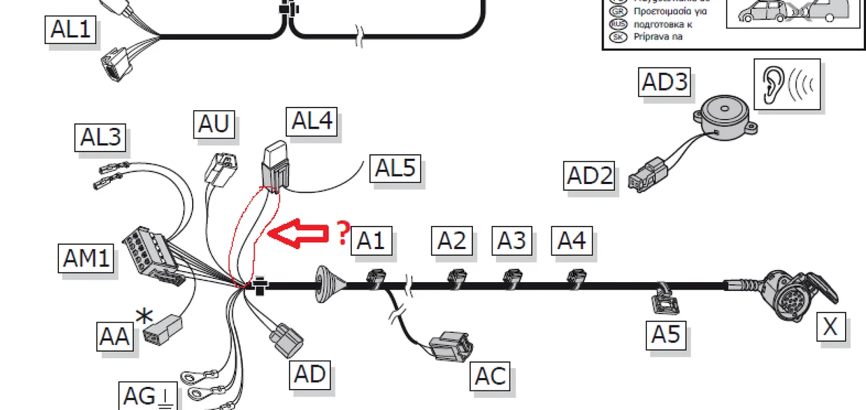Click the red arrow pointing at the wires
coord(298,234)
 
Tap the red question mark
coord(343,233)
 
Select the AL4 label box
coord(312,122)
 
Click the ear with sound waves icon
coord(787,84)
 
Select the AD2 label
coord(589,176)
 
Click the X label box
coord(830,327)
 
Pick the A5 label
coord(666,334)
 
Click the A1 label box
coord(371,240)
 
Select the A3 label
coord(512,240)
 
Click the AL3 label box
coord(101,137)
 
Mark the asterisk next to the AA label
coord(144,315)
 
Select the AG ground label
coord(147,396)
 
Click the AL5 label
coord(395,168)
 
